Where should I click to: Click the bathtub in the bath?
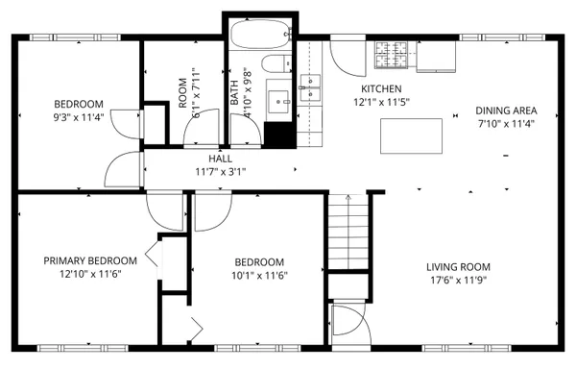261,34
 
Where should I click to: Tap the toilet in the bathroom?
276,66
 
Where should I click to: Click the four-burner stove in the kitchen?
391,55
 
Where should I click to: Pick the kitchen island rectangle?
409,135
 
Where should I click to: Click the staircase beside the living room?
347,231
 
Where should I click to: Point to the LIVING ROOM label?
459,267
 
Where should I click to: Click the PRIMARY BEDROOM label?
87,260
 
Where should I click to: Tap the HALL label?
221,159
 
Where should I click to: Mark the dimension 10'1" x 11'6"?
259,275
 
